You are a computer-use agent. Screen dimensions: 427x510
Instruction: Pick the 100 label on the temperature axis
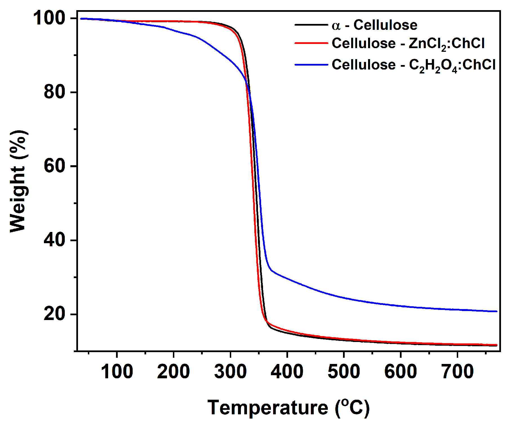[x=117, y=372]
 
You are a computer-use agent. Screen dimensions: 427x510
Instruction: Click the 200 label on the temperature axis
[x=173, y=372]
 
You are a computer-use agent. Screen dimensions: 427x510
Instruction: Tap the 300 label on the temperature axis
[x=230, y=372]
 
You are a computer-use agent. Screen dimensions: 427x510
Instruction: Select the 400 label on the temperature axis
[x=287, y=372]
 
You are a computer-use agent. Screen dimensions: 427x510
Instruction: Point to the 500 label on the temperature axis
[x=344, y=372]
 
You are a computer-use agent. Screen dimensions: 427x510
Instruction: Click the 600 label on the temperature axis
[x=400, y=372]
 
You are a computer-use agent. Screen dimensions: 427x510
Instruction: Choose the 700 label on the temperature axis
[x=458, y=372]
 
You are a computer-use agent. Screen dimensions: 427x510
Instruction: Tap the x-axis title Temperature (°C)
[x=288, y=408]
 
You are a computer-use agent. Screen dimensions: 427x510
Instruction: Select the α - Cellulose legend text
[x=374, y=25]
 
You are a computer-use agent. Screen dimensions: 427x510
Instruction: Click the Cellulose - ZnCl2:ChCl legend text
[x=408, y=44]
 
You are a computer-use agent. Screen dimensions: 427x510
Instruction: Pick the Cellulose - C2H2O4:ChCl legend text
[x=413, y=65]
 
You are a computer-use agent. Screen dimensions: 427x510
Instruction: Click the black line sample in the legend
[x=311, y=25]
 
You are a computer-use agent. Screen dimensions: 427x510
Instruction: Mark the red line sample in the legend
[x=311, y=43]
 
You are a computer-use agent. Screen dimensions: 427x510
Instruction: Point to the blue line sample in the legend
[x=311, y=65]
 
